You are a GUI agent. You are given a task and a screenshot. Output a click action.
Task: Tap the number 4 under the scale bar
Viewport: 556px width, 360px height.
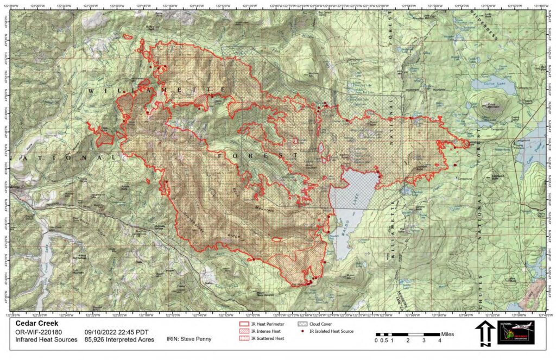[x=440, y=340]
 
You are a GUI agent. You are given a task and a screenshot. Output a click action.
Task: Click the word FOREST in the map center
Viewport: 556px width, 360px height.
[x=257, y=156]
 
